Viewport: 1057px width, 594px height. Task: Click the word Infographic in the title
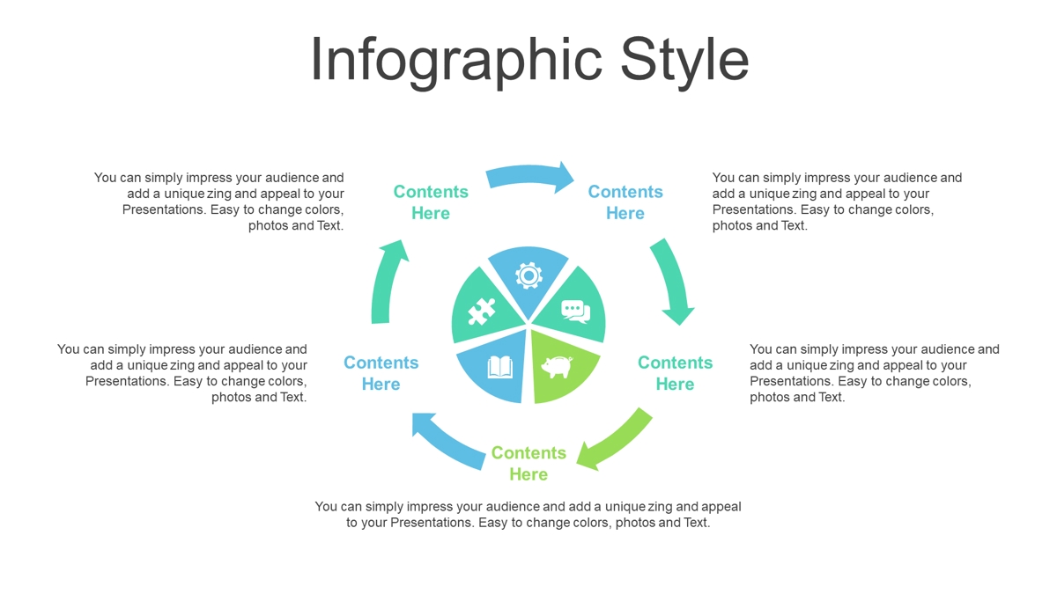456,62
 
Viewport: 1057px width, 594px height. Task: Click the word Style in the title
684,62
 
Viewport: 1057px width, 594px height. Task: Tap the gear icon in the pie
528,275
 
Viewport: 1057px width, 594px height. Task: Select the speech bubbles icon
576,312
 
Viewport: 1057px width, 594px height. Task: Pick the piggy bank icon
557,367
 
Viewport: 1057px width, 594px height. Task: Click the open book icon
500,367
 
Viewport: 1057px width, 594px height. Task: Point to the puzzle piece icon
481,312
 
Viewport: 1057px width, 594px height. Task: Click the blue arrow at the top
529,175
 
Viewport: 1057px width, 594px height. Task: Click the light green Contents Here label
528,464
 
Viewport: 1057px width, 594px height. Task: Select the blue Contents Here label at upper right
625,202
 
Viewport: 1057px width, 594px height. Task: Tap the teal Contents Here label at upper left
431,202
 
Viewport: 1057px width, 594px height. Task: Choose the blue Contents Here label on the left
381,373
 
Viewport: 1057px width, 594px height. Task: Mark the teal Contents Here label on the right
676,373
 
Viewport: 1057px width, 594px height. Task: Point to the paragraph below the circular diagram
528,514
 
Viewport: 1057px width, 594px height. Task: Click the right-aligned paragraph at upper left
219,202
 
